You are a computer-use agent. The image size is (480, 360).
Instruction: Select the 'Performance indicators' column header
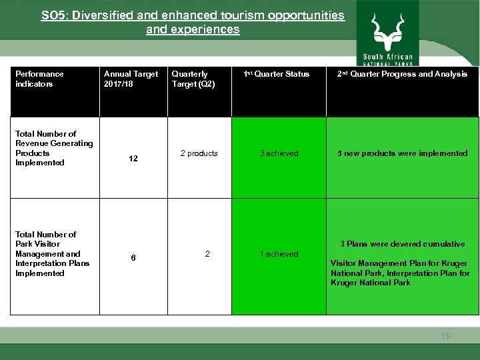(x=39, y=79)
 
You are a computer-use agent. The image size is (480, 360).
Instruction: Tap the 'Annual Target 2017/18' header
(x=131, y=79)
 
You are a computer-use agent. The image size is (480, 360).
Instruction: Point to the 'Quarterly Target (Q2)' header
(x=193, y=79)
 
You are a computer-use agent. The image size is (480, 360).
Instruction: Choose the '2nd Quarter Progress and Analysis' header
(x=402, y=74)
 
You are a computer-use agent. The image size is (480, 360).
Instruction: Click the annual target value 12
(x=133, y=159)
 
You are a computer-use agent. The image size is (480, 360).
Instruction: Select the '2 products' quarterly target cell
(x=199, y=153)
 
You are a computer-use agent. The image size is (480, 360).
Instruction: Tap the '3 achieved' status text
(x=279, y=153)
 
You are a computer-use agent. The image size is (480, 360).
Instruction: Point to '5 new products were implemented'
(x=402, y=153)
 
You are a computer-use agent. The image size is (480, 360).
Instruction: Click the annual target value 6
(x=133, y=259)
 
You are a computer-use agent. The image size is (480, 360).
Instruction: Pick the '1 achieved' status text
(x=279, y=254)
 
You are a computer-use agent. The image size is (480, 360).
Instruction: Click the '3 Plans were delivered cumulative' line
(x=402, y=244)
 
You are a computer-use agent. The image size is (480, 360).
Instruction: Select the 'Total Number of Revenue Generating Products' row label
(x=54, y=148)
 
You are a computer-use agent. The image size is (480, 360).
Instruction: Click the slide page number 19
(x=445, y=336)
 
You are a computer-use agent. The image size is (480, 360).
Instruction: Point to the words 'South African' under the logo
(x=388, y=57)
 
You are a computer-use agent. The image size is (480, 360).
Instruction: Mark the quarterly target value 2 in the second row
(x=207, y=254)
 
